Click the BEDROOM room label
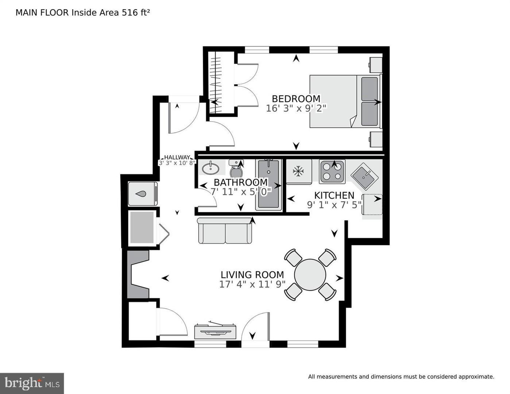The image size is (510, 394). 296,99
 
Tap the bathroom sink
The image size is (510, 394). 210,168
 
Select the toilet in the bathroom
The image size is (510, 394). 236,169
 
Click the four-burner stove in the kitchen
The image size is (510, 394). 332,171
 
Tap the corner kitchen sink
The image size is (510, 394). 366,175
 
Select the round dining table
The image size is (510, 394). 310,275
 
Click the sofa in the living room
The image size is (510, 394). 225,231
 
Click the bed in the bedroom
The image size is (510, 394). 345,101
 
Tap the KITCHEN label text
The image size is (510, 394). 334,196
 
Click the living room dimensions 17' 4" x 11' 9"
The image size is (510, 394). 252,285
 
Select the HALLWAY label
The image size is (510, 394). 177,157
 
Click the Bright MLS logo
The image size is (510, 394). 32,383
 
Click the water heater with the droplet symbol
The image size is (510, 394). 143,194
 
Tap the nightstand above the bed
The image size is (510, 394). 375,65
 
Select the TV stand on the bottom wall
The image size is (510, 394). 215,331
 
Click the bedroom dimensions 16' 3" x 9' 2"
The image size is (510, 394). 296,108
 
